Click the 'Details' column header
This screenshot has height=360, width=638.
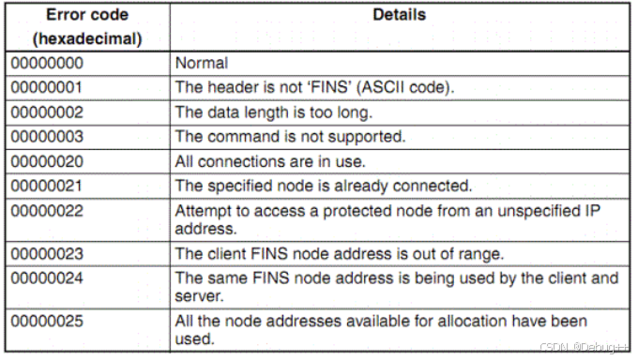[399, 15]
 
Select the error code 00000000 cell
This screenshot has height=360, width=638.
[47, 64]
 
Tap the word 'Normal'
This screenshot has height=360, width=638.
[201, 64]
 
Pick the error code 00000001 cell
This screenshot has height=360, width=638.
[47, 88]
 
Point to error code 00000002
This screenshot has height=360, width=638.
[47, 112]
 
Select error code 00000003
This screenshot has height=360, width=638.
[47, 137]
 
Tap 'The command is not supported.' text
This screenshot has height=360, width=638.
[290, 137]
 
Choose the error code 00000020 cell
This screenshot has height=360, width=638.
[47, 161]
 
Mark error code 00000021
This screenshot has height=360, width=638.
[47, 186]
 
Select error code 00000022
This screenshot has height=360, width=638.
[47, 210]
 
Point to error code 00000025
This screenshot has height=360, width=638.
[47, 321]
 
